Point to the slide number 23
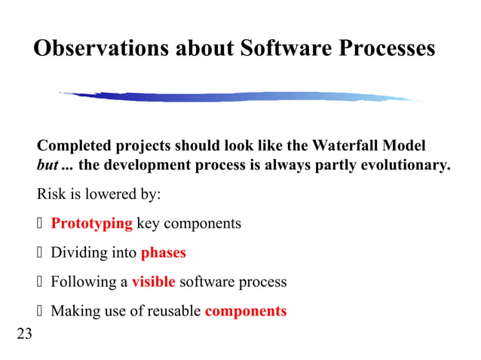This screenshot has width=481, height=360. click(x=24, y=334)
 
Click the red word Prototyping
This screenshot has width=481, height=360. click(x=91, y=224)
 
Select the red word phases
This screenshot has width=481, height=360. click(x=164, y=253)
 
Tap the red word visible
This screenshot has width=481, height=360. click(x=153, y=282)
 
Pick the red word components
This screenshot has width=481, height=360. click(x=246, y=311)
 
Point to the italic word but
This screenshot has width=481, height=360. click(x=47, y=165)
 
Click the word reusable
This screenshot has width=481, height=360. click(x=174, y=311)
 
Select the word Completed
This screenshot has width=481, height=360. click(x=75, y=145)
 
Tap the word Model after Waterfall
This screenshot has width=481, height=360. click(x=406, y=145)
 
